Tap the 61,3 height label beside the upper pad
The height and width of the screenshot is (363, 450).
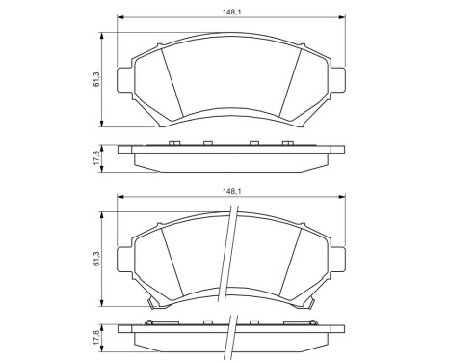(96, 80)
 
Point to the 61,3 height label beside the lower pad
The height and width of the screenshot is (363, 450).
(96, 260)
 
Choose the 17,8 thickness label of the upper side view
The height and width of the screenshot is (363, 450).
(96, 155)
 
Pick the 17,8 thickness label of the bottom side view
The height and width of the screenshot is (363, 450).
(96, 339)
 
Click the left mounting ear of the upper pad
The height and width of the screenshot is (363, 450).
(123, 78)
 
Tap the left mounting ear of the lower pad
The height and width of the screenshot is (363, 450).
(123, 259)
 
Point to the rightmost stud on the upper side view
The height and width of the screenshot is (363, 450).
(287, 145)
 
